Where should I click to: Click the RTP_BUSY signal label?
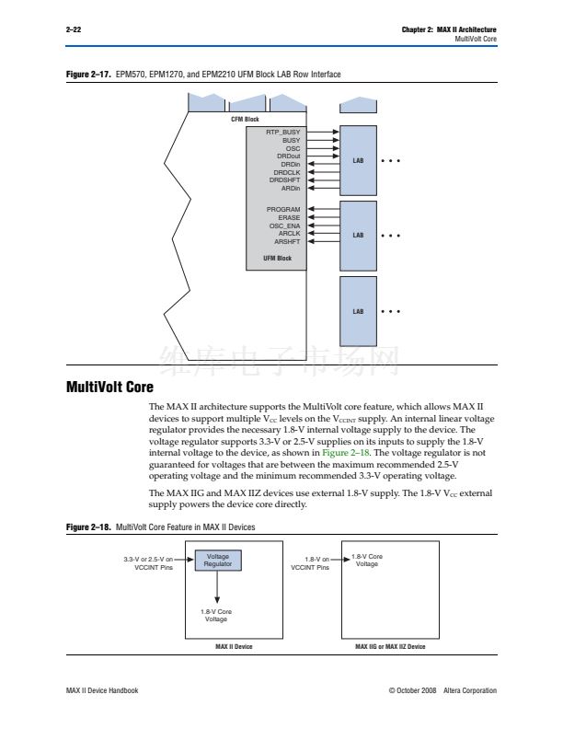[283, 132]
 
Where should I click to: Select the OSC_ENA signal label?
[285, 226]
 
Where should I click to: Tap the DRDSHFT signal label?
[285, 179]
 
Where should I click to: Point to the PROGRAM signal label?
[283, 209]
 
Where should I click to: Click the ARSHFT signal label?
[287, 242]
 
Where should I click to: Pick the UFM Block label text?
[277, 258]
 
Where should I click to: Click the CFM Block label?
[245, 120]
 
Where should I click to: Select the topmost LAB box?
[358, 160]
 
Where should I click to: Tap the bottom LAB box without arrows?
[358, 311]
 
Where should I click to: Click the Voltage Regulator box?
[218, 561]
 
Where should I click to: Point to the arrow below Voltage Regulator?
[217, 586]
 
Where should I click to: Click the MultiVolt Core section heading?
[109, 387]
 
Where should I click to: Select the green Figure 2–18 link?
[346, 453]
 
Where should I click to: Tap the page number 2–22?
[74, 29]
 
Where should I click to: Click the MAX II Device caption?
[234, 646]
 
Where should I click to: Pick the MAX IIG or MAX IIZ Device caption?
[390, 646]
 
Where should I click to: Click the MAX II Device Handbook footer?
[102, 690]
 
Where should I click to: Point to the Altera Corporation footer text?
[470, 690]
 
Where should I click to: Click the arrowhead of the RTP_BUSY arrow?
[337, 132]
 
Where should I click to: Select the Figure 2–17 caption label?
[88, 75]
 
